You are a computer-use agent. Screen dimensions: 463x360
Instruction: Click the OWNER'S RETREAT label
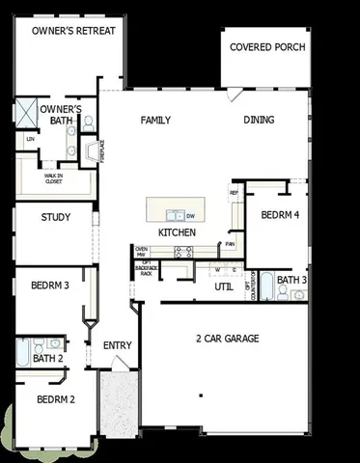[x=73, y=31]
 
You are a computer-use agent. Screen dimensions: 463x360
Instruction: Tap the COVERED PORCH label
[x=267, y=47]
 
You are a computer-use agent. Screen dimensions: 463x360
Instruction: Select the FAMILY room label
[x=155, y=121]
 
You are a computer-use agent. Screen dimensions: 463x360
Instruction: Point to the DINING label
[x=259, y=121]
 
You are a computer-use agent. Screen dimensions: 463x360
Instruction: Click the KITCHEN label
[x=177, y=232]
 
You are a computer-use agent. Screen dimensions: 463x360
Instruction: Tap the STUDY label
[x=55, y=217]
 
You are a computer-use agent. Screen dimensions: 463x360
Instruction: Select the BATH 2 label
[x=47, y=359]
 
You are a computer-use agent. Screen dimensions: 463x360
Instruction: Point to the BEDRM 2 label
[x=55, y=398]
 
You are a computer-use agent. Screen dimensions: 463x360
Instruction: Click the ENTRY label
[x=117, y=344]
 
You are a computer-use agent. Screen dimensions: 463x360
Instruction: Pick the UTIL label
[x=223, y=286]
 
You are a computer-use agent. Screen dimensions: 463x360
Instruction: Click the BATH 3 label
[x=291, y=281]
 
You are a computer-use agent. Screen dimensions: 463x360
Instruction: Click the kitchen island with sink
[x=173, y=212]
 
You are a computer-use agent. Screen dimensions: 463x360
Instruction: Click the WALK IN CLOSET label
[x=54, y=177]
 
